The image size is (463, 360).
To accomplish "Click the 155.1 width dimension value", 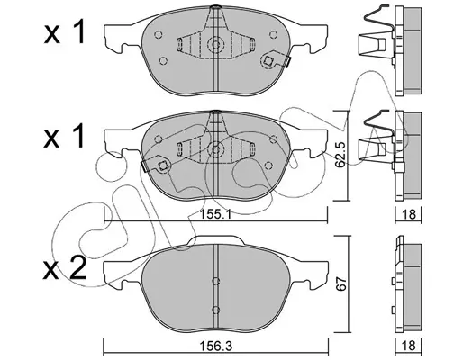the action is [215, 214].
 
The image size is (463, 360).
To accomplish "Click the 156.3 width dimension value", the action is [216, 346].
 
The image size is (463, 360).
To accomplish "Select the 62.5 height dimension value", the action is [340, 155].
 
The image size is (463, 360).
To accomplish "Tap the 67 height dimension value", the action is [342, 283].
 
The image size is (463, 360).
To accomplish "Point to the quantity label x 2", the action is [64, 268].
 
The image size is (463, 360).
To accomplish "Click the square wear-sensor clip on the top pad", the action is [268, 61].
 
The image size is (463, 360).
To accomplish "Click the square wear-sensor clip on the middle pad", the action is [163, 166].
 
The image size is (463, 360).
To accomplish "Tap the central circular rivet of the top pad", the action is [216, 45].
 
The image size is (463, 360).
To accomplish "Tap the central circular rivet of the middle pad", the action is [216, 148].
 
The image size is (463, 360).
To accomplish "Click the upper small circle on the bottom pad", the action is [215, 281].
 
